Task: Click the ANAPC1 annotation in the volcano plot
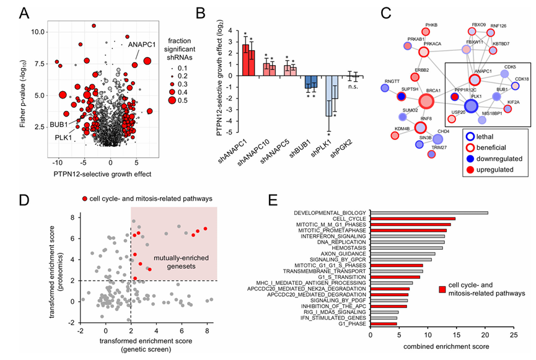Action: [144, 45]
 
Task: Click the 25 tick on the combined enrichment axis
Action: [512, 335]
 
